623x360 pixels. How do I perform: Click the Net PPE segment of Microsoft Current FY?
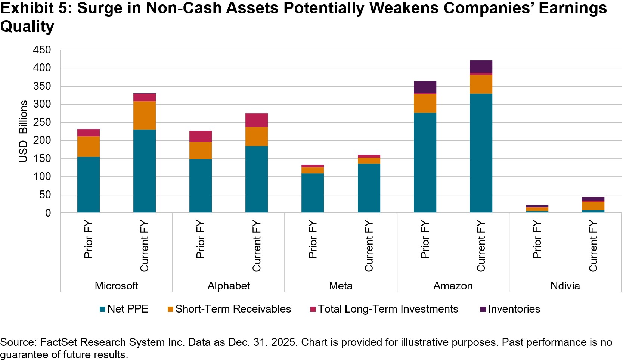(145, 171)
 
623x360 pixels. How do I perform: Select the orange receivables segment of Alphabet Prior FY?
(201, 150)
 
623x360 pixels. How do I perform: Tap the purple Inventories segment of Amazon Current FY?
(481, 66)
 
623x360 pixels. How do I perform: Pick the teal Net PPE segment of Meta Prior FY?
(313, 193)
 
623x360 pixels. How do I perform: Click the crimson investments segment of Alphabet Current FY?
(257, 120)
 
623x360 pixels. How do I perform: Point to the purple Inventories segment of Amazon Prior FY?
(425, 87)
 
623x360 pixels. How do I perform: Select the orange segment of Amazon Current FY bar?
(481, 84)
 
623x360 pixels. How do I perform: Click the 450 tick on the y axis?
(42, 50)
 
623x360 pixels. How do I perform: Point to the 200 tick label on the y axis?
(42, 140)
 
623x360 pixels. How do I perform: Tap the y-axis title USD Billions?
(23, 131)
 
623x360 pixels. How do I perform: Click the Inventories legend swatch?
(483, 309)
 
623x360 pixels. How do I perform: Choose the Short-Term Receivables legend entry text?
(233, 309)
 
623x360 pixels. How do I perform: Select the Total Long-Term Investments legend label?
(388, 309)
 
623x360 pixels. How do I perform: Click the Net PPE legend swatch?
(103, 309)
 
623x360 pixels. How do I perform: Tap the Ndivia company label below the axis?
(565, 286)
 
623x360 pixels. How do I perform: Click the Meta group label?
(341, 286)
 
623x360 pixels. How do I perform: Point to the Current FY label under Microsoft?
(145, 246)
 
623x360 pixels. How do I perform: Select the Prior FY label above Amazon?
(425, 239)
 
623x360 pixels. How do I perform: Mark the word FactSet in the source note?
(59, 342)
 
